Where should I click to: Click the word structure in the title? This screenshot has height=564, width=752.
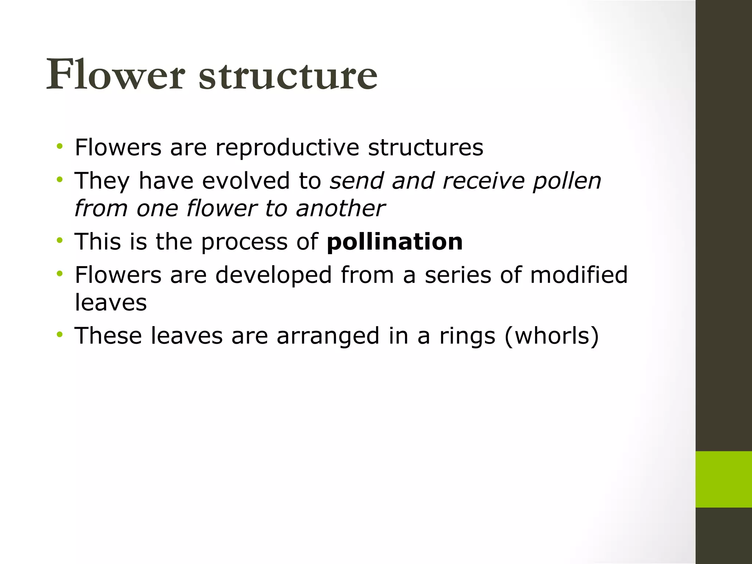click(288, 75)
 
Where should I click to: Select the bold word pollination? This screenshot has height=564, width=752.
click(395, 242)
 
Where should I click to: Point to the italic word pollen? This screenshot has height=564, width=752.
click(567, 181)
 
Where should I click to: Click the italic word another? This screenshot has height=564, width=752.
click(340, 208)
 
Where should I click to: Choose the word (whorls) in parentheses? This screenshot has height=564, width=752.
click(552, 336)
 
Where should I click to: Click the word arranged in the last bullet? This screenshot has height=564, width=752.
click(328, 336)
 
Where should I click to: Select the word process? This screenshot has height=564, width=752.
click(244, 242)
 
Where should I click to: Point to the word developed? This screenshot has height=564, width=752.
click(274, 275)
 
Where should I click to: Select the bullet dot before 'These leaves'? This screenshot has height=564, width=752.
click(59, 335)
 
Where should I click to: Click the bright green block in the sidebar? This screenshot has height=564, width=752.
click(723, 479)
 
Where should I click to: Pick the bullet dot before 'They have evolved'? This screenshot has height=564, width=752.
click(59, 180)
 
